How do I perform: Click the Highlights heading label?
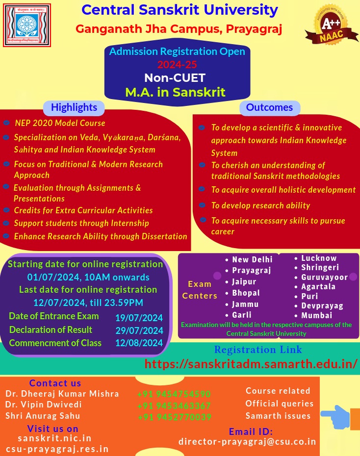click(x=74, y=107)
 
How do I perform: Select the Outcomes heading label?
click(x=269, y=107)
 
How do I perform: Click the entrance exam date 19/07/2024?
click(x=139, y=317)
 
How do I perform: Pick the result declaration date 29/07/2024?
click(x=139, y=330)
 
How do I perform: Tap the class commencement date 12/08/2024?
click(x=139, y=343)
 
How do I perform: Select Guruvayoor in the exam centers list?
click(x=324, y=277)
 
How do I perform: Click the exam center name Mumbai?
click(x=316, y=315)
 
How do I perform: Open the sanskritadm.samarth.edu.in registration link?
click(x=251, y=364)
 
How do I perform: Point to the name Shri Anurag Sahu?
click(x=43, y=416)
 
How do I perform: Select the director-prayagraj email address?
click(x=247, y=441)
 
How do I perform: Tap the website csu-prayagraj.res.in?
click(x=57, y=449)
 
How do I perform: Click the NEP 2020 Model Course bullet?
click(x=60, y=123)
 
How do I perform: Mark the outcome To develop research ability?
click(x=260, y=205)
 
